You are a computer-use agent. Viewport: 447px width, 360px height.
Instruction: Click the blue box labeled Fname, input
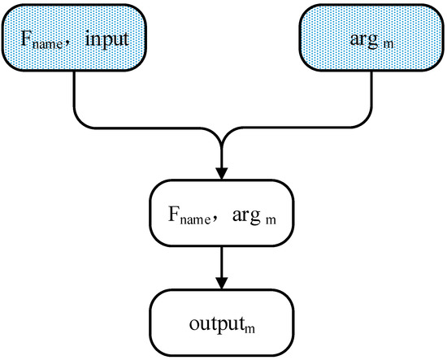click(75, 36)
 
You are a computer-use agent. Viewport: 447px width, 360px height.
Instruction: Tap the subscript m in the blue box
click(391, 41)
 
